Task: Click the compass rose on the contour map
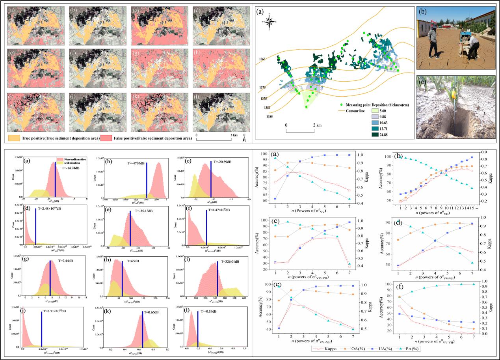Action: (x=270, y=22)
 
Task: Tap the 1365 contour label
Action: (x=262, y=59)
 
